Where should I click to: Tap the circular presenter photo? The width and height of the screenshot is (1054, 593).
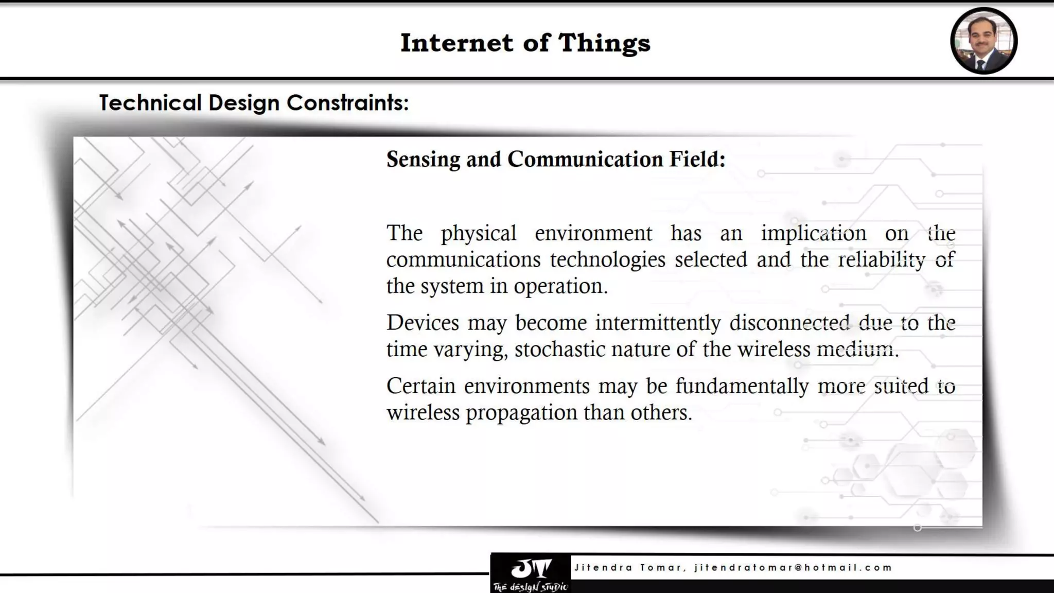click(983, 41)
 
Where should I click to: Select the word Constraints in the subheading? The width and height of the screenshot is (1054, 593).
click(347, 102)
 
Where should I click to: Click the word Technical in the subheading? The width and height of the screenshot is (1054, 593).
click(150, 102)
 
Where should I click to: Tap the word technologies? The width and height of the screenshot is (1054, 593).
click(607, 260)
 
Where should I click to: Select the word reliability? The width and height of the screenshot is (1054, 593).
click(882, 260)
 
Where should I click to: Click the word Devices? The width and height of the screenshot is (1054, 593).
click(423, 323)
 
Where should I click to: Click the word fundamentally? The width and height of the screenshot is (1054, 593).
click(742, 386)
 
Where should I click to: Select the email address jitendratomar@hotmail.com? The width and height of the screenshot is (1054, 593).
click(793, 568)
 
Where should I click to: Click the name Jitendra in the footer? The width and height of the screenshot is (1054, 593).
click(603, 568)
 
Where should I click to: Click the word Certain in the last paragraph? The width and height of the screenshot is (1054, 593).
click(420, 386)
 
